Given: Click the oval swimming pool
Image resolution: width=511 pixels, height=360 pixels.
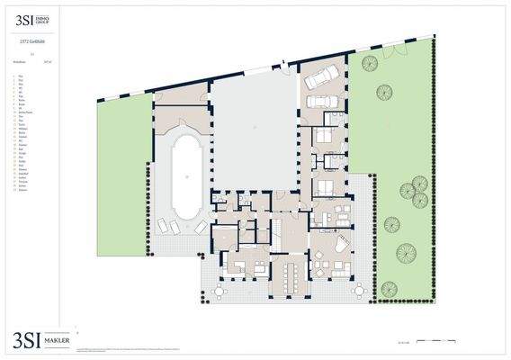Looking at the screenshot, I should (x=185, y=175).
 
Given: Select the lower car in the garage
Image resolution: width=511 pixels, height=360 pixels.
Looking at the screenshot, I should (x=319, y=99).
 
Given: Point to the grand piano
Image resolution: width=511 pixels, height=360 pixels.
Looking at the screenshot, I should (x=343, y=244).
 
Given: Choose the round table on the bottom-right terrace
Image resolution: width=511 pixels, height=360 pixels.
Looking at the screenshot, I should (x=357, y=291).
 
